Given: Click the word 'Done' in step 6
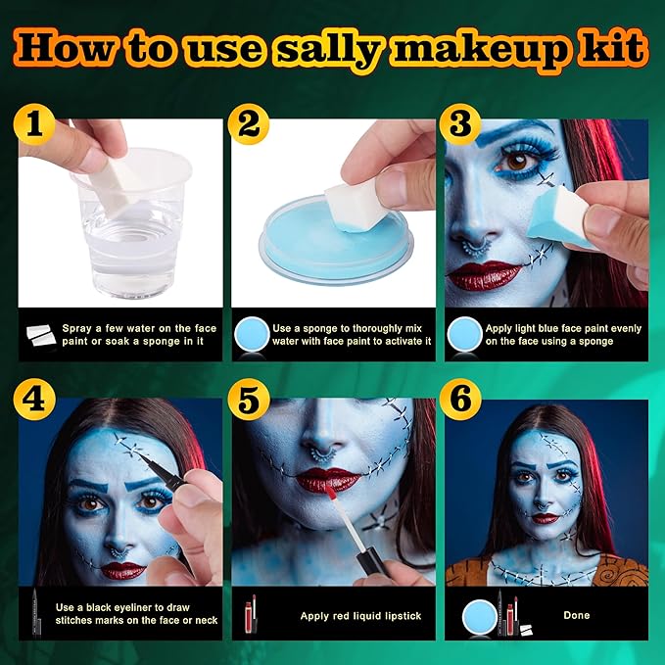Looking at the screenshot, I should click(577, 616).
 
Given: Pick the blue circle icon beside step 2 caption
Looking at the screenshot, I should click(250, 335).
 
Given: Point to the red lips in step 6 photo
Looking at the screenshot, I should click(545, 517).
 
